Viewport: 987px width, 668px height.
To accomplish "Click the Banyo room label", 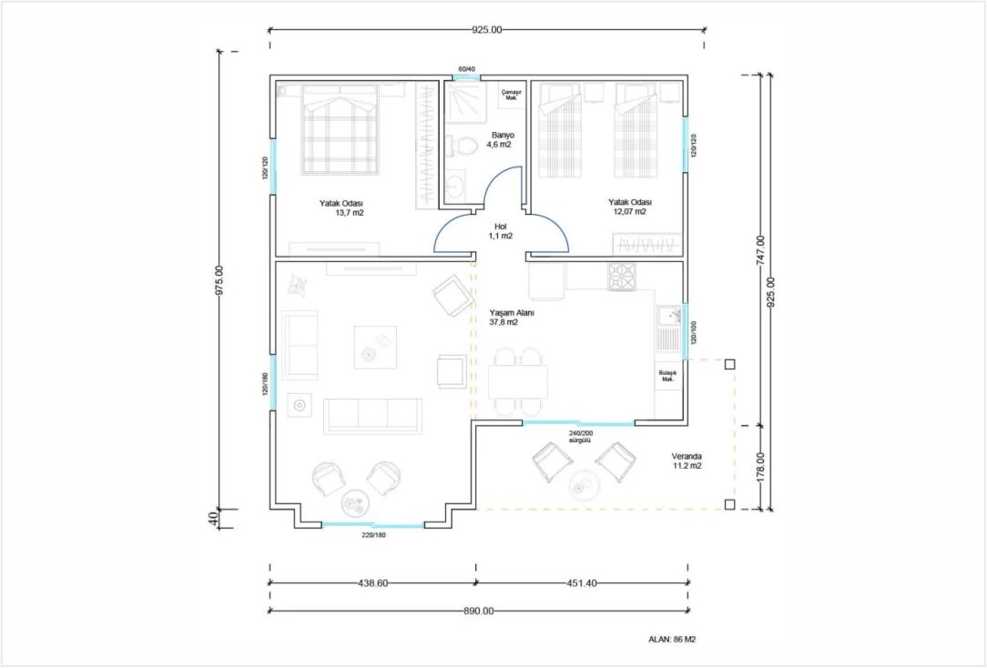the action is pos(503,136).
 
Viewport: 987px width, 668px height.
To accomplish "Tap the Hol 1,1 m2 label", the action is pos(501,231).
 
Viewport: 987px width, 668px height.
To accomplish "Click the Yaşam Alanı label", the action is pos(512,313).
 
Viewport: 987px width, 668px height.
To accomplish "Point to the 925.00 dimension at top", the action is pos(486,29).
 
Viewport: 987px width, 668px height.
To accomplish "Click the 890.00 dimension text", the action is pos(478,610).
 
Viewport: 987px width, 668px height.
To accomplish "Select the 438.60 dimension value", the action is pos(372,583).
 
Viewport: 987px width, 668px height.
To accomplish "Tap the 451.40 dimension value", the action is pos(582,583).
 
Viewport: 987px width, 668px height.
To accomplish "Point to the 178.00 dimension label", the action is pos(760,468).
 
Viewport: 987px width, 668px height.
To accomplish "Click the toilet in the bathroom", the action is pos(463,147).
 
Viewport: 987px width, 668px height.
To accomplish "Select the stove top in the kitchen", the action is pos(622,277).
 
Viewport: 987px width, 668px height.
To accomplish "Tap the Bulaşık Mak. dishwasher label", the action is pos(667,376).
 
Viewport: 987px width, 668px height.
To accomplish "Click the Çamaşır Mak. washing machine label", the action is pos(511,95).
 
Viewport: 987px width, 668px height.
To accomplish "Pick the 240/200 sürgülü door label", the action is pos(580,437).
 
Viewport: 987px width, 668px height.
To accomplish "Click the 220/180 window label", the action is pos(373,535).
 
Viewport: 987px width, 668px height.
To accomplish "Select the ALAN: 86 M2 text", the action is pos(672,640).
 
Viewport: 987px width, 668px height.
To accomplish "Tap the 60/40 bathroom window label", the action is pos(466,68).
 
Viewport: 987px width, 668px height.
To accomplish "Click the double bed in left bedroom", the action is pos(340,129).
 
